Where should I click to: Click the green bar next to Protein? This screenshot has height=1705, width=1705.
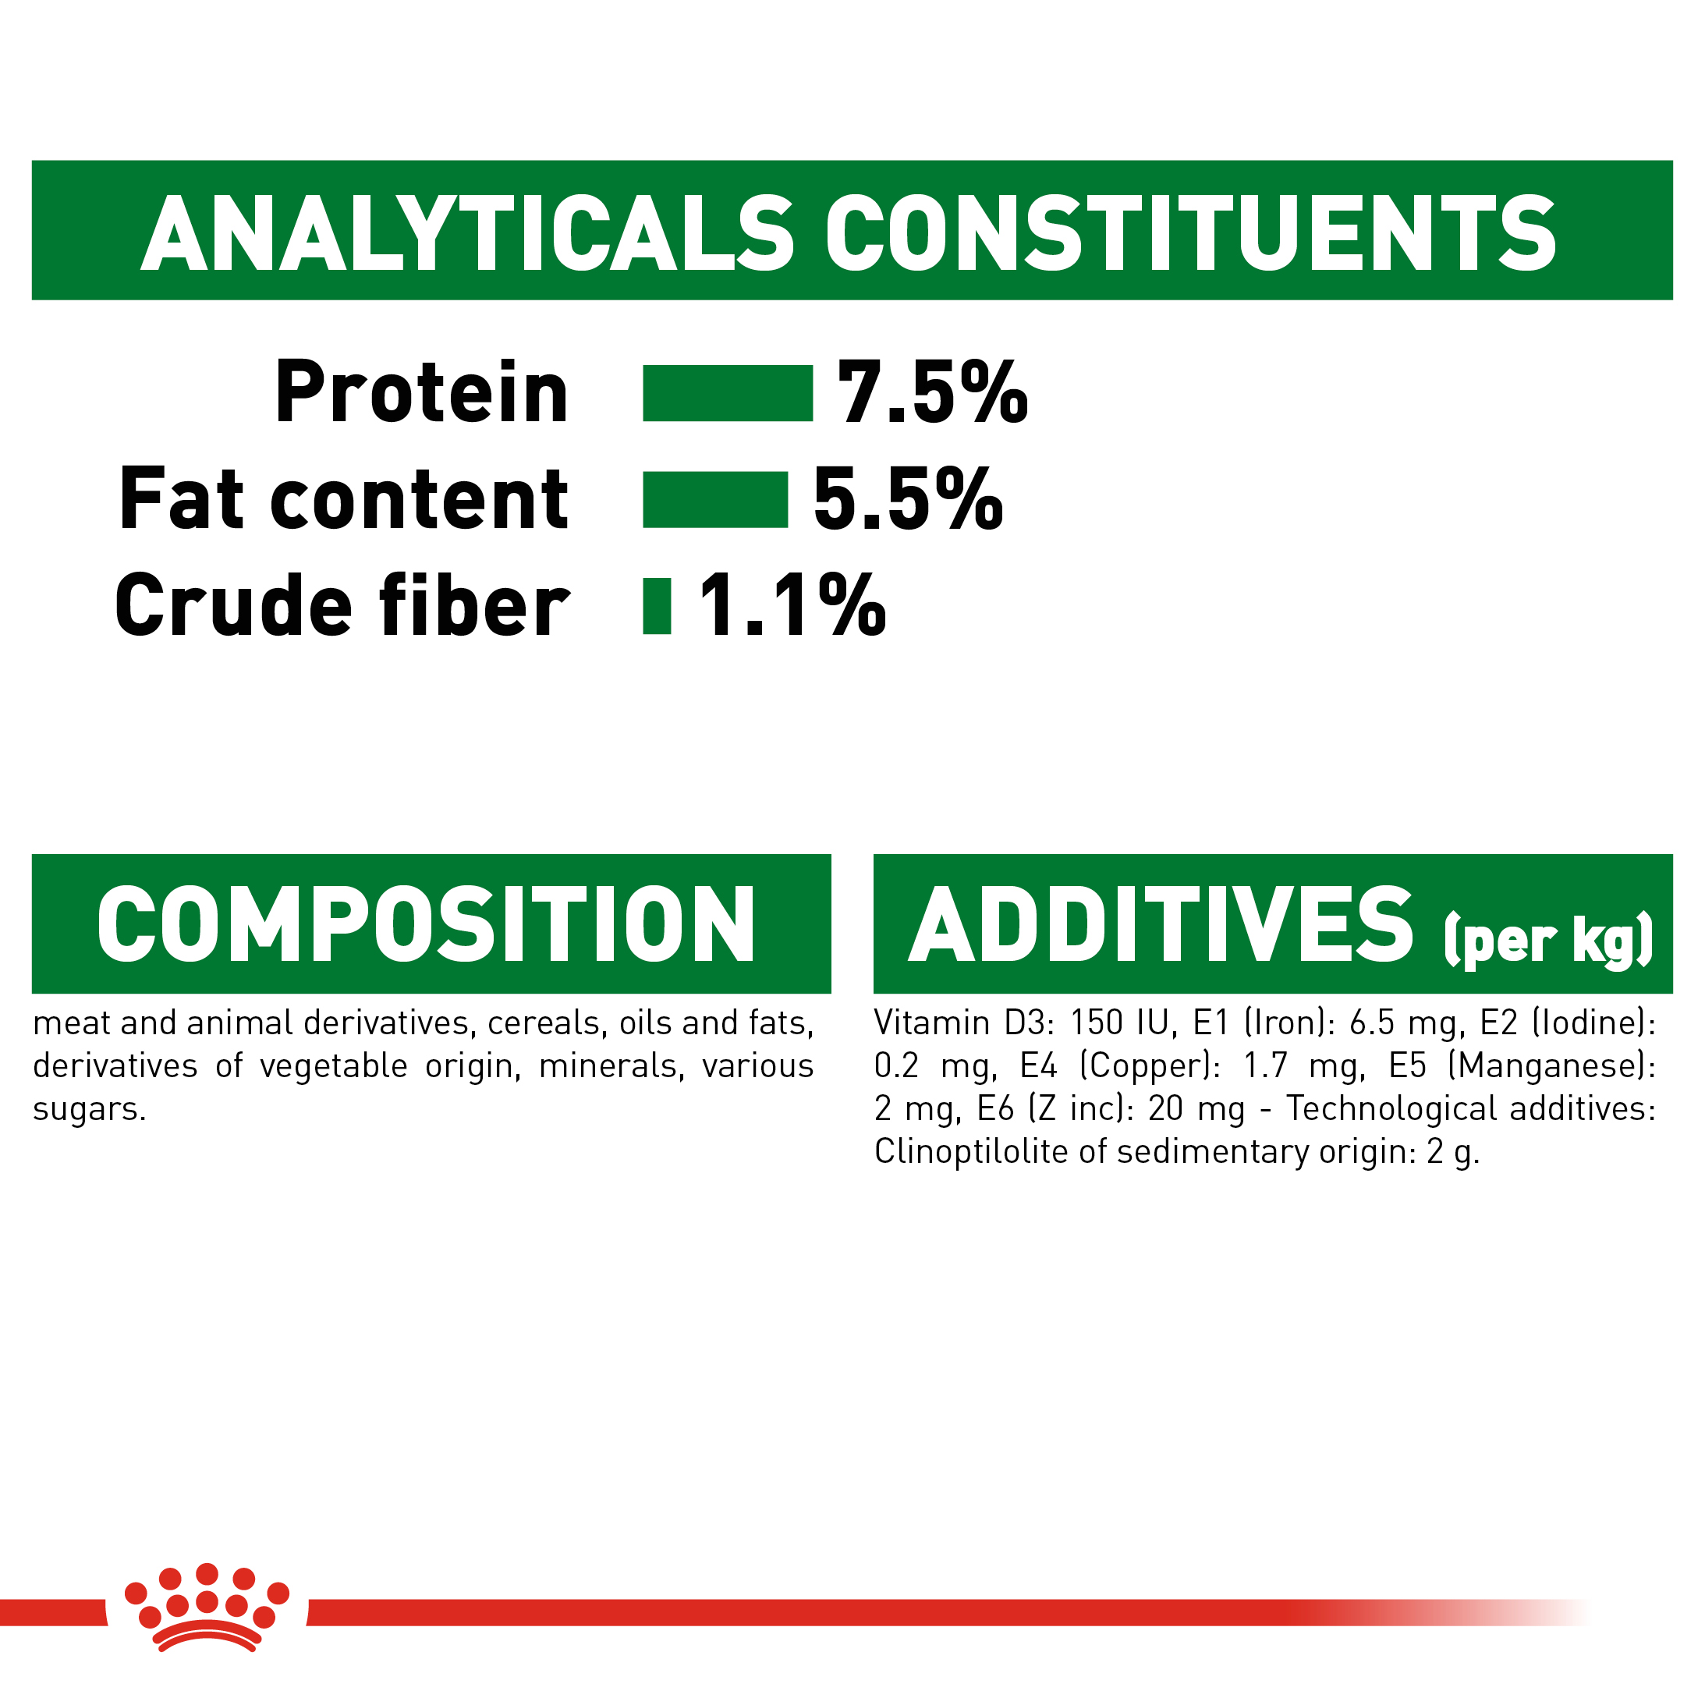click(726, 393)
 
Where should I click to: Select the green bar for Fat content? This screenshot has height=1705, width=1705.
click(714, 499)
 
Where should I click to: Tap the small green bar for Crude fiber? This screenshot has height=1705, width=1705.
click(657, 606)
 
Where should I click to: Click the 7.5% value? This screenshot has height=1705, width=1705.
click(932, 393)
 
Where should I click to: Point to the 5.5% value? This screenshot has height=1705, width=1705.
click(907, 499)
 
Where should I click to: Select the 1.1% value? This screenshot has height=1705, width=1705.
click(792, 606)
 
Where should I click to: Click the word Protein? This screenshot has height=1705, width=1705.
click(421, 393)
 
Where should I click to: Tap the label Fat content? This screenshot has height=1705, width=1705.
click(343, 499)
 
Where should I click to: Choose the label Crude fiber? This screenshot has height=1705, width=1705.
click(342, 606)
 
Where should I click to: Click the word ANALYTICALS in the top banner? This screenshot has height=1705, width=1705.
click(468, 234)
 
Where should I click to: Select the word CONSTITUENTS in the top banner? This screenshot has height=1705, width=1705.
click(1190, 234)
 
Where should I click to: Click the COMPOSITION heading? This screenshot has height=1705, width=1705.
click(426, 925)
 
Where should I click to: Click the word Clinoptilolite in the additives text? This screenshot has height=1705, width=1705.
click(971, 1152)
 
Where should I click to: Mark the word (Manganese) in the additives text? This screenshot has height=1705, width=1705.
click(1551, 1066)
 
